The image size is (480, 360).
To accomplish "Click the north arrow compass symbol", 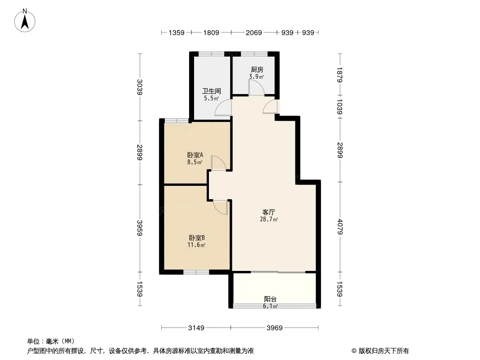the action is (x=25, y=21).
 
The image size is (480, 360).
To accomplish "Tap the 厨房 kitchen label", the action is (x=257, y=70).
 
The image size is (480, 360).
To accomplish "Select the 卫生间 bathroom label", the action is (x=211, y=91).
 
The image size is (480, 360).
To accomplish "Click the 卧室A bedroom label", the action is (x=195, y=155).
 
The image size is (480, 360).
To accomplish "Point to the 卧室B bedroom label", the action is (x=196, y=238).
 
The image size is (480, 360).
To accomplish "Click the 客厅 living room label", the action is (x=269, y=212).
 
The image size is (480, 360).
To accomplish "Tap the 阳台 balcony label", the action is (x=270, y=299).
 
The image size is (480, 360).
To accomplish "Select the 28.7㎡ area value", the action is (x=269, y=219).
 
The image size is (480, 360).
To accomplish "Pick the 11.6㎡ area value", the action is (x=196, y=245).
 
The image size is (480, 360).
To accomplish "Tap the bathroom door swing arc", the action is (x=220, y=105).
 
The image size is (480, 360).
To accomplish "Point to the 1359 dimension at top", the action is (x=177, y=33).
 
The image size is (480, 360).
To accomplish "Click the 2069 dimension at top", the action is (x=254, y=33).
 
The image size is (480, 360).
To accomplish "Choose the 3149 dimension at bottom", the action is (x=196, y=328).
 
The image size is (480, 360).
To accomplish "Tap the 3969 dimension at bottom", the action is (x=274, y=328).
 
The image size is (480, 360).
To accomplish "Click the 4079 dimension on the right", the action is (x=340, y=227).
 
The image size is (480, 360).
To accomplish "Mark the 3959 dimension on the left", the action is (x=140, y=228).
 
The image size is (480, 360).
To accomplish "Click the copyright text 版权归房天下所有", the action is (x=384, y=351).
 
